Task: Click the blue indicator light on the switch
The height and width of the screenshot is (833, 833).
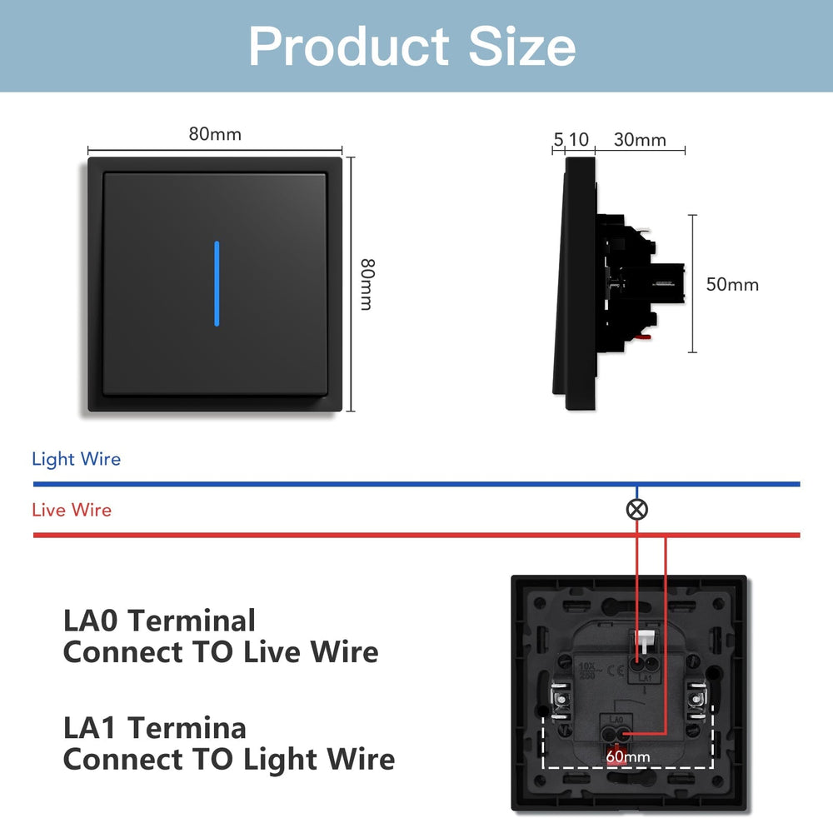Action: click(217, 283)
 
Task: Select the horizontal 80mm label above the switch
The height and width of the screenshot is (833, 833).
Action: click(215, 134)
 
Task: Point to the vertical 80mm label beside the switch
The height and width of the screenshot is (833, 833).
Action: click(366, 284)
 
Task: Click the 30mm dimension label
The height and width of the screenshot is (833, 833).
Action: click(640, 139)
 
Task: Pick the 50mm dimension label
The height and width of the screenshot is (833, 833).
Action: click(732, 284)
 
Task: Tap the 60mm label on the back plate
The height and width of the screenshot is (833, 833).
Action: click(628, 757)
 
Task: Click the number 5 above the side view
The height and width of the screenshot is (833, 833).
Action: click(558, 139)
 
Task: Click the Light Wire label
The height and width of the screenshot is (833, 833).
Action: click(76, 459)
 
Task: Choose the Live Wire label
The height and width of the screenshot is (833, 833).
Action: click(72, 510)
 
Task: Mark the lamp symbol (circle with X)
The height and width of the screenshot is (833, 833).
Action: click(637, 510)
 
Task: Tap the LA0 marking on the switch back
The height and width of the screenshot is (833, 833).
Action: click(617, 716)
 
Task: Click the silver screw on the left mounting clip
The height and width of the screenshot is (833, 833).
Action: click(560, 699)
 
